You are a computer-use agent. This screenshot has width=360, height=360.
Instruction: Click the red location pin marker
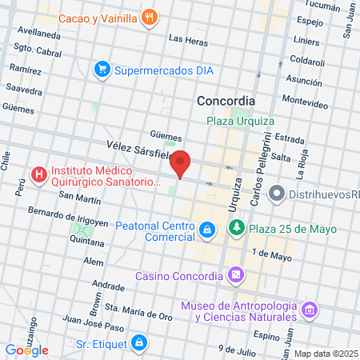coord(182,163)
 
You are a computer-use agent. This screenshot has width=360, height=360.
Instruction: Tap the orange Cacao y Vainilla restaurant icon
coord(148,17)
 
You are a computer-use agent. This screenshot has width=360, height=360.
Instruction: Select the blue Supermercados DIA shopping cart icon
coord(102,70)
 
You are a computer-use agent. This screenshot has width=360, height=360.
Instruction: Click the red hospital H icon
coord(38,174)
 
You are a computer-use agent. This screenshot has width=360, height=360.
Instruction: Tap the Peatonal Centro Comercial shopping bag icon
coord(207,230)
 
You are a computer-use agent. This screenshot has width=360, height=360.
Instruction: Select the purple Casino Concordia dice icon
coord(236,276)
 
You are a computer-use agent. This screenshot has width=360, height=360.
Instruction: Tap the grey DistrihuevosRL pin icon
coord(277,192)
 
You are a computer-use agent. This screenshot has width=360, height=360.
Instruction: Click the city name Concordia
coord(226,102)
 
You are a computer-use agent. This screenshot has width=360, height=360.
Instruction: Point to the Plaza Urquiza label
coord(240,121)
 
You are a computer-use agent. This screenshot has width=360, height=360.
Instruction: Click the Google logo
coord(26,350)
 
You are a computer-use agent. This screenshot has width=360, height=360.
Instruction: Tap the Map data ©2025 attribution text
coord(325,354)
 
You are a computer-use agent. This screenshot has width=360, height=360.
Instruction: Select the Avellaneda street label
coord(39,34)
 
